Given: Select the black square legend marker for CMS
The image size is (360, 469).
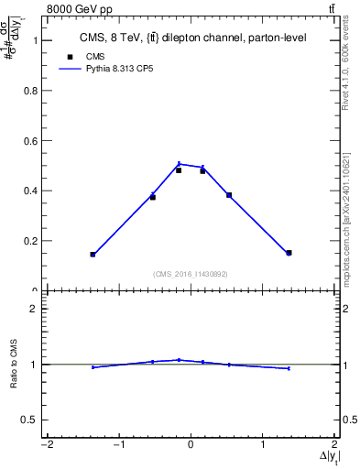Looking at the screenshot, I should (70, 57).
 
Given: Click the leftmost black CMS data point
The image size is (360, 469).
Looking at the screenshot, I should (93, 254).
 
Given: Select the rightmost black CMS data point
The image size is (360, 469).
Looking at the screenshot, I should (289, 253).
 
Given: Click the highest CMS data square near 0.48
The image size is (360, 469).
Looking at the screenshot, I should (179, 169).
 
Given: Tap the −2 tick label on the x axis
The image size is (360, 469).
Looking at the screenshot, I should (45, 445).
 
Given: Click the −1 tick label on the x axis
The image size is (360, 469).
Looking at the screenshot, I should (117, 445).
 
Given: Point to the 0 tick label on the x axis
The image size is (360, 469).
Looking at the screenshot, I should (191, 445).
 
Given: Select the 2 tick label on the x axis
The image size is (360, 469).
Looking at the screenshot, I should (336, 445).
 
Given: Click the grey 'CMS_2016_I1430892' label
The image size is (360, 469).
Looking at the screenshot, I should (191, 273).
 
